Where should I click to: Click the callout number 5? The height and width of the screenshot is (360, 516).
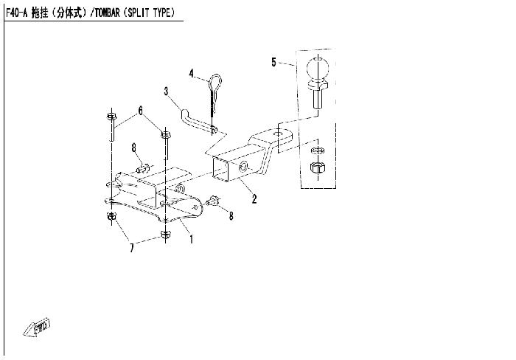point(273,62)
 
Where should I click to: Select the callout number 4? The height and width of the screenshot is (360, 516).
point(192,73)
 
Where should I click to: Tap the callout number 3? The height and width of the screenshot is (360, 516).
point(166,91)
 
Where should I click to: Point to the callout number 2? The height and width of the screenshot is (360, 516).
point(254,199)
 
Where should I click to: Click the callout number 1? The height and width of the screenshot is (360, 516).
point(192,239)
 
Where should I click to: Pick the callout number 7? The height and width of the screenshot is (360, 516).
point(132,247)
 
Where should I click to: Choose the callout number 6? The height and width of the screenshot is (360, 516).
point(141,111)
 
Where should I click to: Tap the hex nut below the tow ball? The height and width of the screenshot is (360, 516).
point(318,168)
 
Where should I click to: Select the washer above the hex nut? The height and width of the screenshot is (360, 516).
point(318,150)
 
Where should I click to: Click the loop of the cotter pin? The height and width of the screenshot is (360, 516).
point(216,81)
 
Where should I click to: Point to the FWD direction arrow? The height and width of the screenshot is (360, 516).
point(37,328)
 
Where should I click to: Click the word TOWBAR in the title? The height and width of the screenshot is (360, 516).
point(108,13)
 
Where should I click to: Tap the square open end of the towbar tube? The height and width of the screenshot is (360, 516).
point(221,169)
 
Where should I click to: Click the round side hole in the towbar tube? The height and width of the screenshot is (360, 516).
point(244,166)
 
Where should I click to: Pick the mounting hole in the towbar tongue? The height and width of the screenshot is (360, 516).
point(278,134)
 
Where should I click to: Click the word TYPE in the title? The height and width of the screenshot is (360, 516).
point(162,13)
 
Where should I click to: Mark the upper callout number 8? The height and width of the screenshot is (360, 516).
point(134,148)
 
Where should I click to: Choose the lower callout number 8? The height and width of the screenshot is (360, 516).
point(231,215)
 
